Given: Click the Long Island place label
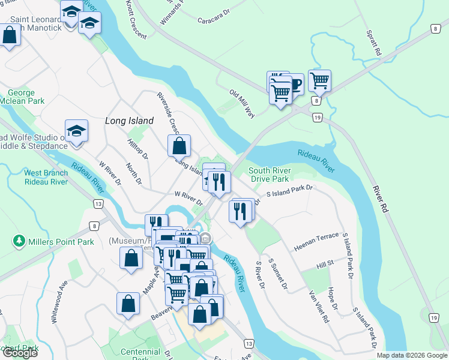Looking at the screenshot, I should point(129,121).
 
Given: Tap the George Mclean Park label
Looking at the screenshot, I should point(26,97).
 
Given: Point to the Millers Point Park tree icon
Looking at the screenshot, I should point(20,242).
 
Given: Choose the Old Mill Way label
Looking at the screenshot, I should point(243,103).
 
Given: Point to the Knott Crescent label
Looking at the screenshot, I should point(137,20).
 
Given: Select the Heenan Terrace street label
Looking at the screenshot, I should point(316,242).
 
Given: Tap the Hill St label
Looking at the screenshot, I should point(325,265).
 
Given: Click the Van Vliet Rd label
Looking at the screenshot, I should point(318,307).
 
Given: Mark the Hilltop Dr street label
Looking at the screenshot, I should point(137,150).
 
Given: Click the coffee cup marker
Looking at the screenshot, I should point(294,82).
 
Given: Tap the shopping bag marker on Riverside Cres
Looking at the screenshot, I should point(179,145).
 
